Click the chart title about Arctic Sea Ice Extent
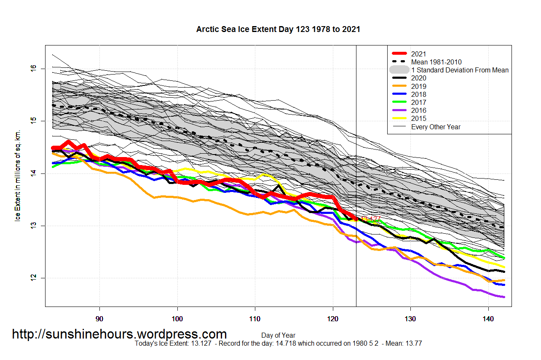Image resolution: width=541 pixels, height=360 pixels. pos(278,29)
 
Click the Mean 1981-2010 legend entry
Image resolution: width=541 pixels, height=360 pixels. pos(436,62)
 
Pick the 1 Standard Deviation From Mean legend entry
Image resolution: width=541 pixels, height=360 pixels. pos(460,70)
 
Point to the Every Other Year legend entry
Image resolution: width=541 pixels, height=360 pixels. pos(436,127)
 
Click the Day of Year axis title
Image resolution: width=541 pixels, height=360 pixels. pos(278,336)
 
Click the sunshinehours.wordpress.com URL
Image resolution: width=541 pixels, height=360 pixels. pos(119,334)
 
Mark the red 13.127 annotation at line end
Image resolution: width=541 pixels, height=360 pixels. pos(371,219)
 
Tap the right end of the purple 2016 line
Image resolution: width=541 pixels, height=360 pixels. pos(504,297)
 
